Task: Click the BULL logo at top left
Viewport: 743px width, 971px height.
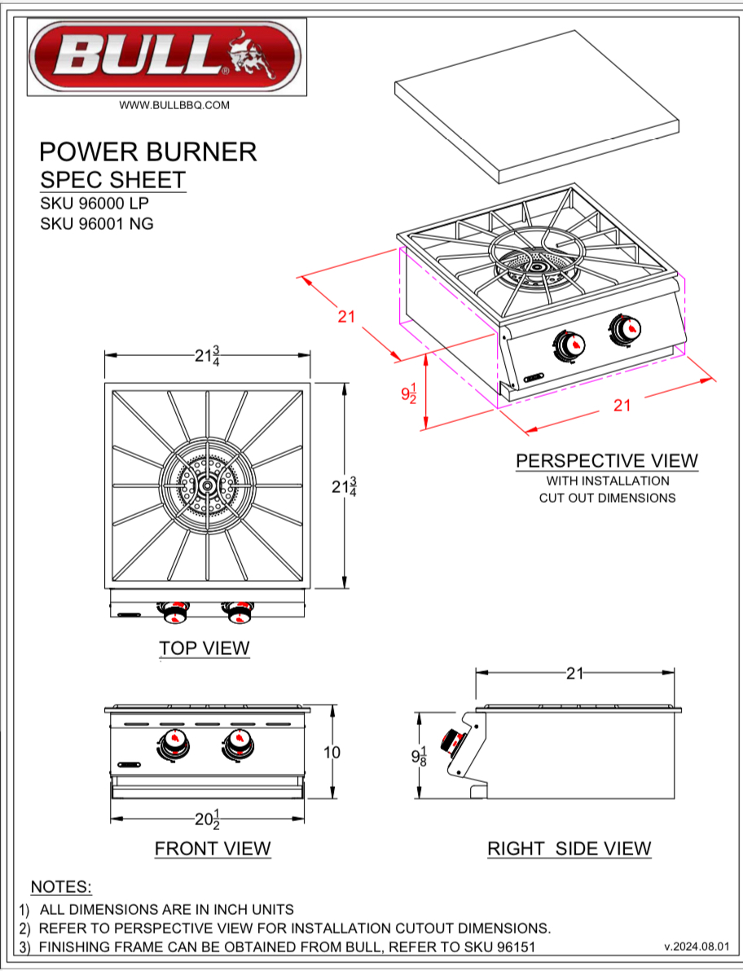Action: [x=166, y=57]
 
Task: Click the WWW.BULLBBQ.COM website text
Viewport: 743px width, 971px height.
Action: [x=174, y=105]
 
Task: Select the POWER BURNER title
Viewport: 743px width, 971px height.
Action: [x=147, y=152]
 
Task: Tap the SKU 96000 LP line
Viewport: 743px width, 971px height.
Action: [x=95, y=204]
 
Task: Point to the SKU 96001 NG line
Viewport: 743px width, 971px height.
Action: [x=96, y=223]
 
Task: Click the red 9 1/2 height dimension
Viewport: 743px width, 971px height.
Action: [x=410, y=393]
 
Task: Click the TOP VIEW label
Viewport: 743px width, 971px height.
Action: [x=204, y=648]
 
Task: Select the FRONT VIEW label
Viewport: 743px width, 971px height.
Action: [x=213, y=848]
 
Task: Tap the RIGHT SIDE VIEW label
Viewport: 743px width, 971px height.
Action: [x=569, y=848]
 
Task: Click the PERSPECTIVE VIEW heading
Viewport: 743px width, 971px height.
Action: [x=607, y=460]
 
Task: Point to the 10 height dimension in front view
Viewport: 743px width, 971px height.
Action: [x=332, y=752]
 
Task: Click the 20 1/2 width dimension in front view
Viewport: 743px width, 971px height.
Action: [x=209, y=819]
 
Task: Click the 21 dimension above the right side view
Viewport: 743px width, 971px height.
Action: [x=575, y=673]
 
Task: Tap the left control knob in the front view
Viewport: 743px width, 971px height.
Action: [x=173, y=745]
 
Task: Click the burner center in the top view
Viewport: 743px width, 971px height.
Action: [x=208, y=485]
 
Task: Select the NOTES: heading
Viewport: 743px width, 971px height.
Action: [x=61, y=886]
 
